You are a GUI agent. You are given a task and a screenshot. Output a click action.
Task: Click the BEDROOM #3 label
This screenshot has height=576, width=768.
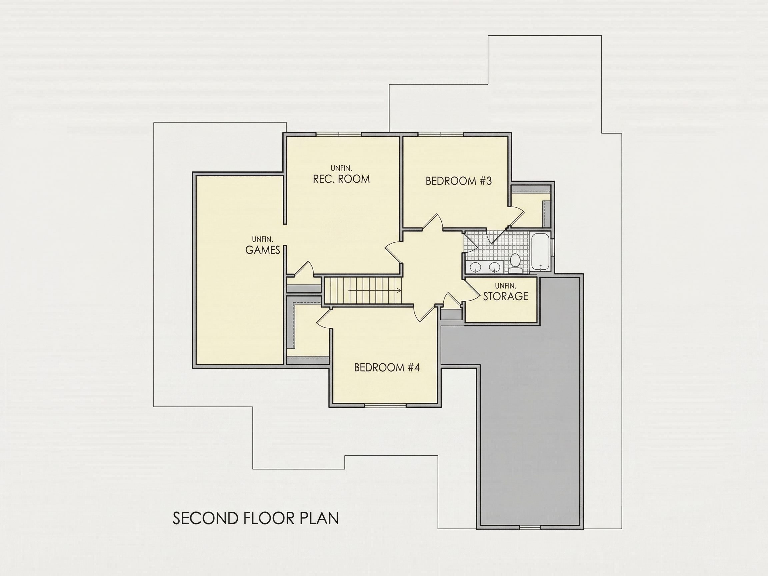459,181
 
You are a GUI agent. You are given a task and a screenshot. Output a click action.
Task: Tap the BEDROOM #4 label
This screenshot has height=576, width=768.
387,367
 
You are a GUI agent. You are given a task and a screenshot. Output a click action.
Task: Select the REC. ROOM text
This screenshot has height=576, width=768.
341,179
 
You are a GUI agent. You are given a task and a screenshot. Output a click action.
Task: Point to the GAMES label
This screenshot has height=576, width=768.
262,250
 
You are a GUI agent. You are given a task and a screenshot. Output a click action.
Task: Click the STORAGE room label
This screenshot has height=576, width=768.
506,296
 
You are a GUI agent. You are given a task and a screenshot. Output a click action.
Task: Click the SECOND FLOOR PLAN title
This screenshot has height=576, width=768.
256,518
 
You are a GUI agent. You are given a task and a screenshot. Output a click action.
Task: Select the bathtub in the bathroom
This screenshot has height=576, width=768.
541,251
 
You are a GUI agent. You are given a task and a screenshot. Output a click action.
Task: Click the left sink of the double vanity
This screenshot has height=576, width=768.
475,267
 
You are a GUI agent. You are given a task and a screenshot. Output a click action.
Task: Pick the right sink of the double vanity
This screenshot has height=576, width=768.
494,267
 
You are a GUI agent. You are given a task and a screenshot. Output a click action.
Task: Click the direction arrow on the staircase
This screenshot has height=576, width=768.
375,290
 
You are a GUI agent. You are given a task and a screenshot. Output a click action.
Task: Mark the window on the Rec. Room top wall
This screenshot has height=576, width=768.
339,134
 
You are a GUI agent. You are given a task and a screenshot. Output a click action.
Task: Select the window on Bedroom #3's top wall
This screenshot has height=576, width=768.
441,134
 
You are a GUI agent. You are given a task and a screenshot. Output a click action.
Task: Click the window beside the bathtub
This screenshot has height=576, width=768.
553,249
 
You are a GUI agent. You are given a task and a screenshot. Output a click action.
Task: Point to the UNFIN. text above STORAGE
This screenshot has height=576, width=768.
506,286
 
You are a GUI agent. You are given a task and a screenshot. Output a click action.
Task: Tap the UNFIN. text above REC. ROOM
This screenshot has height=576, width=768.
341,168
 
